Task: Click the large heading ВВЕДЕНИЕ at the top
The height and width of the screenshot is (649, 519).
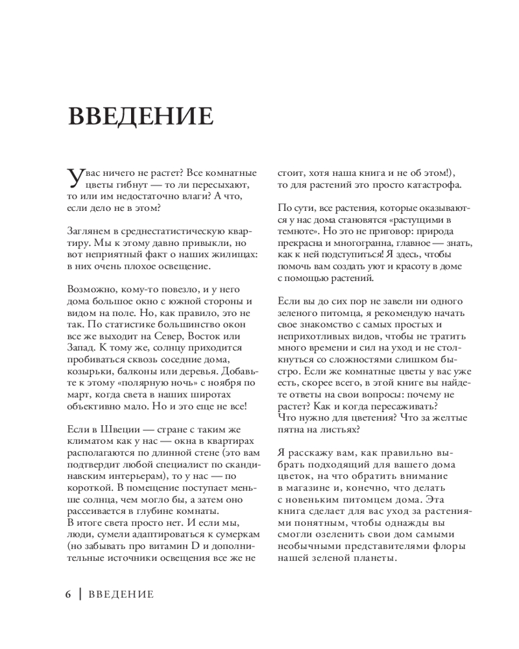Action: coord(141,116)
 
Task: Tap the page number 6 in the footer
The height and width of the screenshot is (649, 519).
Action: coord(68,594)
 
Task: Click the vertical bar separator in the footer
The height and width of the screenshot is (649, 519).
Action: coord(79,594)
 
